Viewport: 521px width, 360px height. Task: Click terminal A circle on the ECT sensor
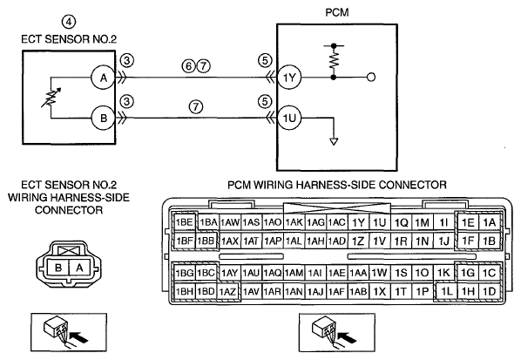pyautogui.click(x=104, y=78)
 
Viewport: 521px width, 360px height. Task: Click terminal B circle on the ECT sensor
pyautogui.click(x=104, y=118)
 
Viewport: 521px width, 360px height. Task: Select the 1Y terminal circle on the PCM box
pyautogui.click(x=289, y=78)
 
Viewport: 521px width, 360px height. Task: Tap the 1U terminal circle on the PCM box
pyautogui.click(x=289, y=118)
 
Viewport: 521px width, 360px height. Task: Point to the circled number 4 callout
pyautogui.click(x=69, y=22)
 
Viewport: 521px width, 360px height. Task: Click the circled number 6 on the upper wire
pyautogui.click(x=188, y=66)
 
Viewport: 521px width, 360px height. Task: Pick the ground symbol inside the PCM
pyautogui.click(x=334, y=141)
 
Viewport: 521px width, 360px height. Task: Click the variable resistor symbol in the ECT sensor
pyautogui.click(x=51, y=98)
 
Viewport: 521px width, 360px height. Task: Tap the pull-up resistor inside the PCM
pyautogui.click(x=334, y=61)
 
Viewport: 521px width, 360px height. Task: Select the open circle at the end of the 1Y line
pyautogui.click(x=371, y=78)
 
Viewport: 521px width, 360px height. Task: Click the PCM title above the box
pyautogui.click(x=337, y=12)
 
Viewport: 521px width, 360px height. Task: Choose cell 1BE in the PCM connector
pyautogui.click(x=185, y=222)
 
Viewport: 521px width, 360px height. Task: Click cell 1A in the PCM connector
pyautogui.click(x=490, y=222)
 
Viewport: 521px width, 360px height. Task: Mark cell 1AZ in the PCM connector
pyautogui.click(x=227, y=292)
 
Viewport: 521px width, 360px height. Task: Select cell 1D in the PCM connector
pyautogui.click(x=490, y=291)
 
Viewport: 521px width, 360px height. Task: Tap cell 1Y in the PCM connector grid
pyautogui.click(x=358, y=222)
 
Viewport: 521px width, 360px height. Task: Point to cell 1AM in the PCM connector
pyautogui.click(x=294, y=273)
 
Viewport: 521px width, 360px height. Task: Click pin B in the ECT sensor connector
pyautogui.click(x=58, y=268)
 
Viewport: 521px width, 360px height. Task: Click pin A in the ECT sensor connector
pyautogui.click(x=79, y=268)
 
